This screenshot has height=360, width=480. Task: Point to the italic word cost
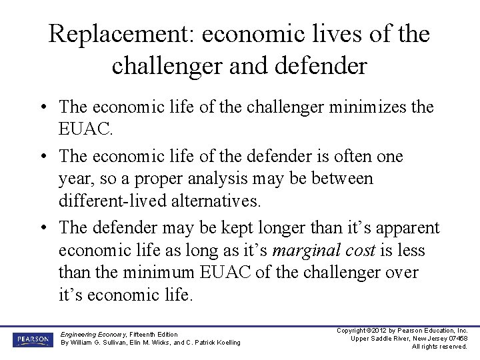[357, 251]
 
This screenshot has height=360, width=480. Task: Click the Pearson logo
[31, 339]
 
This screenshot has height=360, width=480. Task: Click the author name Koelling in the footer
[224, 343]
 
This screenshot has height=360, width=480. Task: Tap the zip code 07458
[457, 339]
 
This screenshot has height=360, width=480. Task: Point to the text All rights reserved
[439, 347]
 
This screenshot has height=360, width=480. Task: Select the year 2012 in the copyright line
[379, 331]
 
